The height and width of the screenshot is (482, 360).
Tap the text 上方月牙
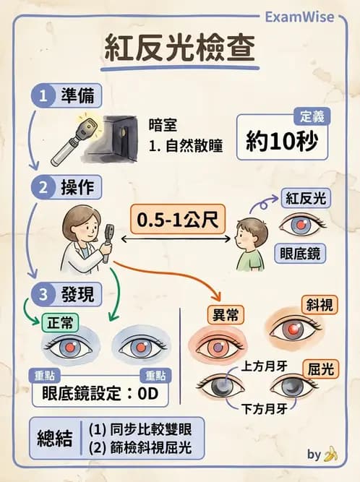point(266,366)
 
